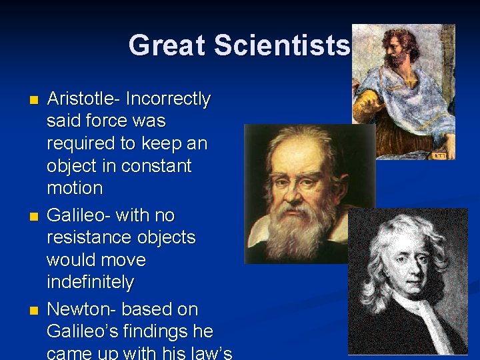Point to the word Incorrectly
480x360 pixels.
[x=168, y=99]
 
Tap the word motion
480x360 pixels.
[x=75, y=188]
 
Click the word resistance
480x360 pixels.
[x=92, y=238]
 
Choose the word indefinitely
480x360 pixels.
[x=90, y=283]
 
